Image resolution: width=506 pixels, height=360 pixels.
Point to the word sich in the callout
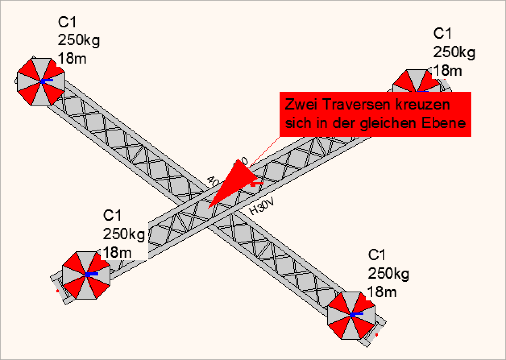tap(298, 123)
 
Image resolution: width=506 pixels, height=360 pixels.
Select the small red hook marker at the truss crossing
tap(257, 184)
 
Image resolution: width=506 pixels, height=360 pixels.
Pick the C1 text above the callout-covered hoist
tap(442, 34)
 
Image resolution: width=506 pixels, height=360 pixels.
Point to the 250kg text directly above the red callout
tap(454, 52)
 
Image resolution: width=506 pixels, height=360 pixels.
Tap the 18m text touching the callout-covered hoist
tap(447, 70)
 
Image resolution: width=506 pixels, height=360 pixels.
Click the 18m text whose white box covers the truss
tap(117, 252)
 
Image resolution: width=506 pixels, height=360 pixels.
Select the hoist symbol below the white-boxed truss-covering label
tap(86, 275)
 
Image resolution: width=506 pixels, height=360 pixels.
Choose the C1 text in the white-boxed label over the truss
tap(112, 215)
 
